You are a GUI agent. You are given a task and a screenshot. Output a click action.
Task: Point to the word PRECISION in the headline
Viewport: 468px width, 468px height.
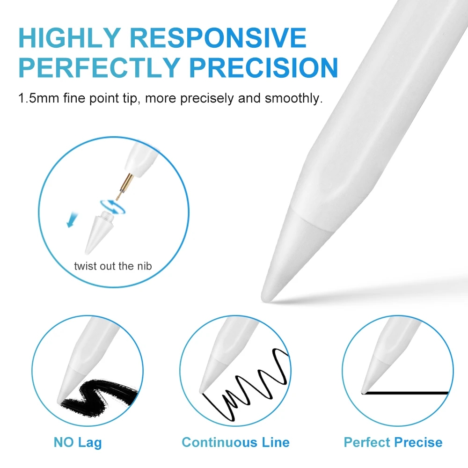click(x=265, y=68)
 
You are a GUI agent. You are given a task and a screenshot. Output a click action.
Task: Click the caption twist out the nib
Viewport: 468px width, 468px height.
click(x=113, y=266)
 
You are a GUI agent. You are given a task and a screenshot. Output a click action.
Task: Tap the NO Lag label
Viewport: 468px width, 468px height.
click(x=78, y=442)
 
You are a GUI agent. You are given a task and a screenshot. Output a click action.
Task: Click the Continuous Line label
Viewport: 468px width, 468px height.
click(x=235, y=442)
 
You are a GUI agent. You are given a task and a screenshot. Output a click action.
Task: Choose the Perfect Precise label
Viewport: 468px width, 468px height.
click(x=393, y=442)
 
